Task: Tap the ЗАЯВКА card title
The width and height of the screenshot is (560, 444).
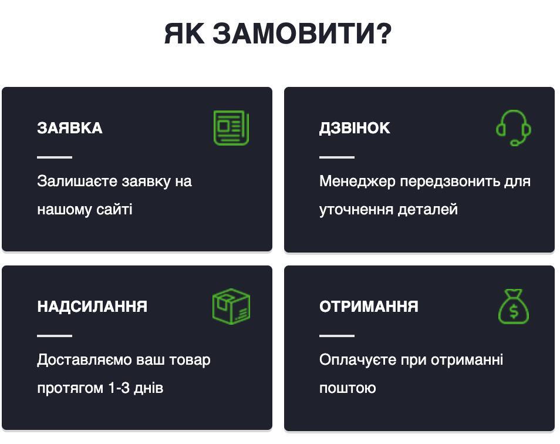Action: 70,128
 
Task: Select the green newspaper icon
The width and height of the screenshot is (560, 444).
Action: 231,128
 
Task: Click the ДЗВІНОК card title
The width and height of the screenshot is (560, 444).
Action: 355,128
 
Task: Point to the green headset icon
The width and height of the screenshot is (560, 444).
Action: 514,128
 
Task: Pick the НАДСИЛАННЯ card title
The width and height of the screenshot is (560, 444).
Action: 92,307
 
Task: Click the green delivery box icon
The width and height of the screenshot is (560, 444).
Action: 231,307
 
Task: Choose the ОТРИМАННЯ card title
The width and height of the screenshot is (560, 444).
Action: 369,307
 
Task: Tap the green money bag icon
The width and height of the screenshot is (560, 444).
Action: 514,307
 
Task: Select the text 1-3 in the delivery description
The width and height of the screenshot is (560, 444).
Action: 119,388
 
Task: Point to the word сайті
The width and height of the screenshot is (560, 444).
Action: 114,209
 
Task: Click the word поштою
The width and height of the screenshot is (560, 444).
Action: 348,388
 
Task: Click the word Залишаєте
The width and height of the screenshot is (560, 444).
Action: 77,181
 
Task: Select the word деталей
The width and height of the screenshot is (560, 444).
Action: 428,210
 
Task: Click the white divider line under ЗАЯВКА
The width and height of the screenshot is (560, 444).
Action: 55,157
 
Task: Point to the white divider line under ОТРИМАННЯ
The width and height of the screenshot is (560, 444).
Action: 337,336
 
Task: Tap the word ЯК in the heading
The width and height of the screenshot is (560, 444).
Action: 184,33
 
